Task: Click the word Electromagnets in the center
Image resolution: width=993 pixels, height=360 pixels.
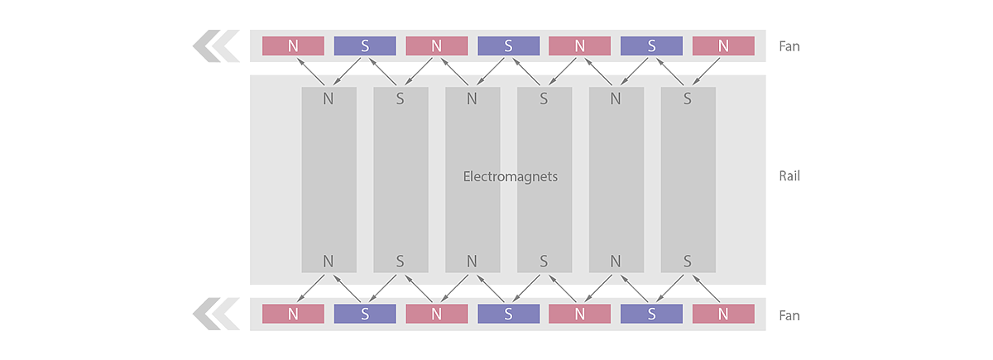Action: click(x=510, y=176)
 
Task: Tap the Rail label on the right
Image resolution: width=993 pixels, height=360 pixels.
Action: click(x=789, y=176)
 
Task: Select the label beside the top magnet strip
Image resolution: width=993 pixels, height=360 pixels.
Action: click(x=789, y=46)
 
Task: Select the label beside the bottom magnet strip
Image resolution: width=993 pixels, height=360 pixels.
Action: click(x=789, y=315)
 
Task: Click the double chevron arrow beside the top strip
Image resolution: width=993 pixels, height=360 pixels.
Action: click(x=215, y=46)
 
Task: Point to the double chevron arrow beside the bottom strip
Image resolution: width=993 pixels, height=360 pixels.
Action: click(x=215, y=315)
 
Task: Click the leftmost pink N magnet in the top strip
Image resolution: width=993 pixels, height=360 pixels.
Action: click(x=293, y=46)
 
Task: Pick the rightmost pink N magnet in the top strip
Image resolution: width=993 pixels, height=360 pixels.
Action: click(x=723, y=46)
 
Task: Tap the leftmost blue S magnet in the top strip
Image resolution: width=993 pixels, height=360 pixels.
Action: click(x=365, y=46)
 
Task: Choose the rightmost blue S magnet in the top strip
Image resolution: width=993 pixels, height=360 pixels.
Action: click(x=651, y=46)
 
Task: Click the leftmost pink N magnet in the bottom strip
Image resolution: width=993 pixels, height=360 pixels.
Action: click(x=293, y=314)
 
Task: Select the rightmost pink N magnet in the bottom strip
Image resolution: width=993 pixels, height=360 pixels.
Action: click(x=723, y=314)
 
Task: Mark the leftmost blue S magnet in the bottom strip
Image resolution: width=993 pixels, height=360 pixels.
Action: click(x=365, y=314)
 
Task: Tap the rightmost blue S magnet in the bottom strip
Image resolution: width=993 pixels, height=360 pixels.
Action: click(x=651, y=314)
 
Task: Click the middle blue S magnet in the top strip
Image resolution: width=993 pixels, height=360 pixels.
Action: click(x=508, y=46)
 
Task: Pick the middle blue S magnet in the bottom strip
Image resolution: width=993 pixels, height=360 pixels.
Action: click(x=508, y=314)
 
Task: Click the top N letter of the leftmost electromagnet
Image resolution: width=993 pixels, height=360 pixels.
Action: click(x=329, y=98)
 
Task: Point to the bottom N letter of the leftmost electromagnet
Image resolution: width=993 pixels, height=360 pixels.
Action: click(x=329, y=262)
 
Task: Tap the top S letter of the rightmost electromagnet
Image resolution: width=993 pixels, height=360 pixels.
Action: click(x=688, y=98)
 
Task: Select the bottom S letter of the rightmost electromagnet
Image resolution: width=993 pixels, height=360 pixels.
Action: click(x=688, y=262)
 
